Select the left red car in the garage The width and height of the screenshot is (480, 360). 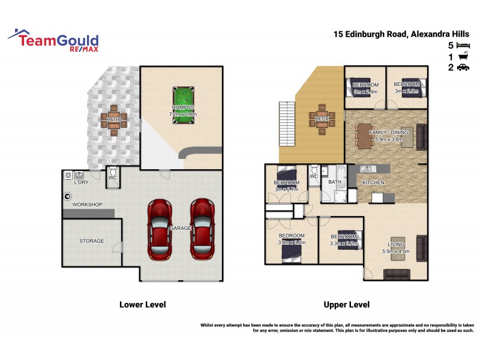[160, 229]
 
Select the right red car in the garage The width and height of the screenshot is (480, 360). [202, 229]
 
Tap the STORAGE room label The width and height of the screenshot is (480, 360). [92, 241]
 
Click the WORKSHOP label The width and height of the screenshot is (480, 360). [88, 205]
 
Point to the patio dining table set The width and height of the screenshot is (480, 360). [114, 118]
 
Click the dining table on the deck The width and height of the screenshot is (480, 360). [322, 118]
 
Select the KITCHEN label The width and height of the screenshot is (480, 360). [373, 182]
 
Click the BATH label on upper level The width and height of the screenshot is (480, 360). [334, 182]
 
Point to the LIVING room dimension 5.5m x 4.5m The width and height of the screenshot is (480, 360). [395, 251]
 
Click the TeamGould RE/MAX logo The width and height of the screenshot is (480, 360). [54, 41]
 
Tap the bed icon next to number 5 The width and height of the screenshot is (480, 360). [463, 45]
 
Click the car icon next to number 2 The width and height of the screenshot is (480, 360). [463, 68]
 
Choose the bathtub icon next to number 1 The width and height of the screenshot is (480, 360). [463, 56]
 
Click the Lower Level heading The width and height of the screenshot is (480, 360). [142, 305]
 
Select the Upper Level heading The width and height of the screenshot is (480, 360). [346, 305]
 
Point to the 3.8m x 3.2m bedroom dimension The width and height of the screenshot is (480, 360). [292, 243]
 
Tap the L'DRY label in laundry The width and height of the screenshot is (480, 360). [82, 182]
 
